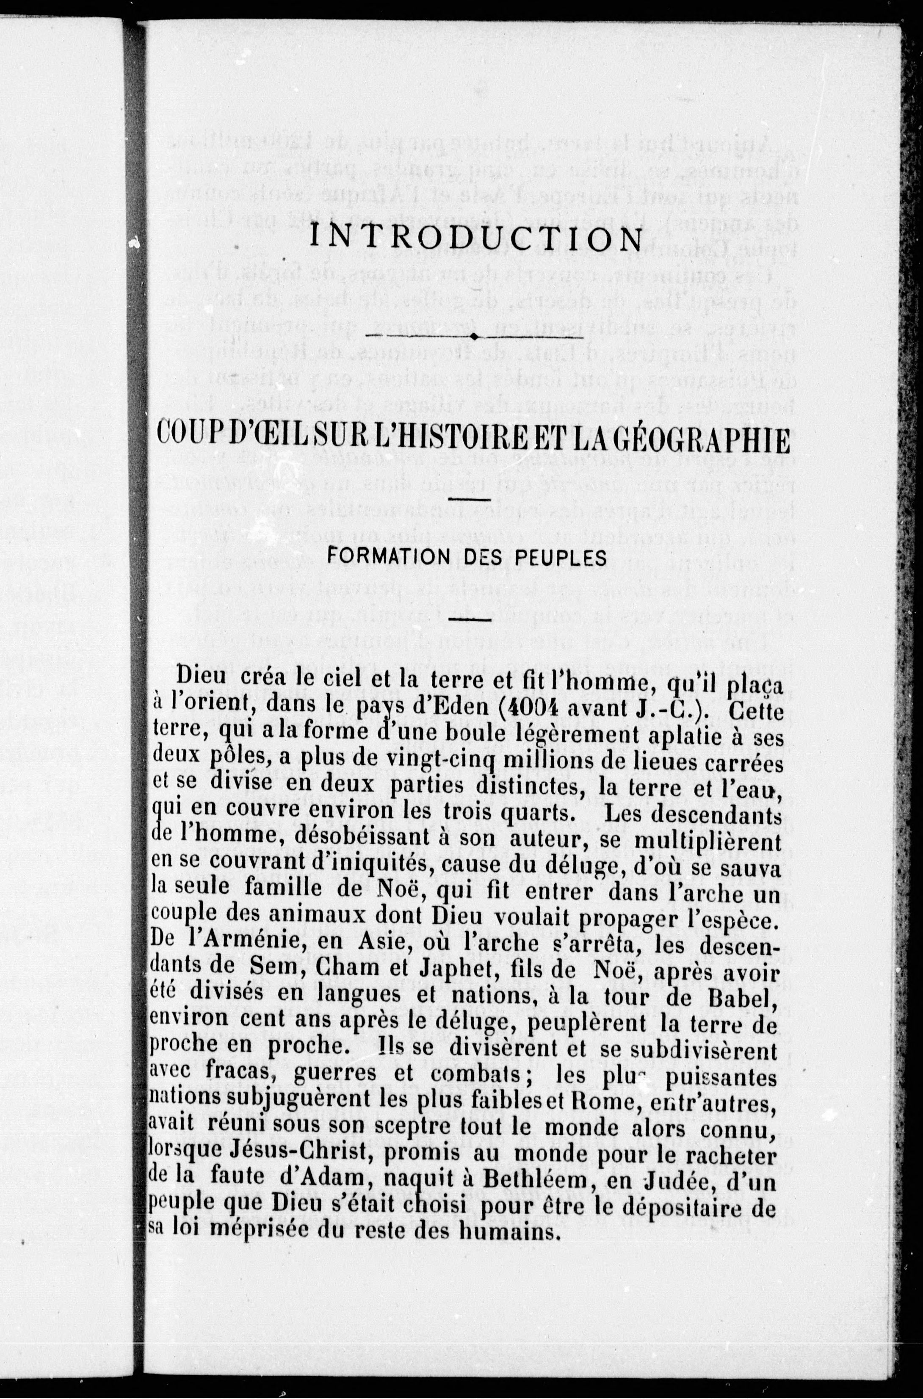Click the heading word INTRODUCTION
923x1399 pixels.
coord(475,240)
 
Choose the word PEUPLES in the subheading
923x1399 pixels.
coord(564,556)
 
